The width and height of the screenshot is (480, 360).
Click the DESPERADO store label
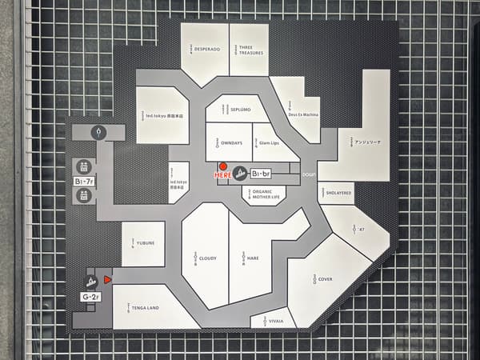pos(206,49)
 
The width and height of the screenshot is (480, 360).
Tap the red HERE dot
pos(222,166)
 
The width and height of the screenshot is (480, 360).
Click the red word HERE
pos(222,174)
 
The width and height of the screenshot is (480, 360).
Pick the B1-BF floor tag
pos(262,173)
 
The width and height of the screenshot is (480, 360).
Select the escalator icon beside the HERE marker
pos(239,173)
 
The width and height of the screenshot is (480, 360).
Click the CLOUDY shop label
pos(207,258)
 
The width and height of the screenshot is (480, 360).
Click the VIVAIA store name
pos(274,320)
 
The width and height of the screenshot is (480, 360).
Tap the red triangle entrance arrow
pos(106,278)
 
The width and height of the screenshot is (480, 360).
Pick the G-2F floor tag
pos(90,297)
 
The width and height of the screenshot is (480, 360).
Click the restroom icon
pos(98,132)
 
